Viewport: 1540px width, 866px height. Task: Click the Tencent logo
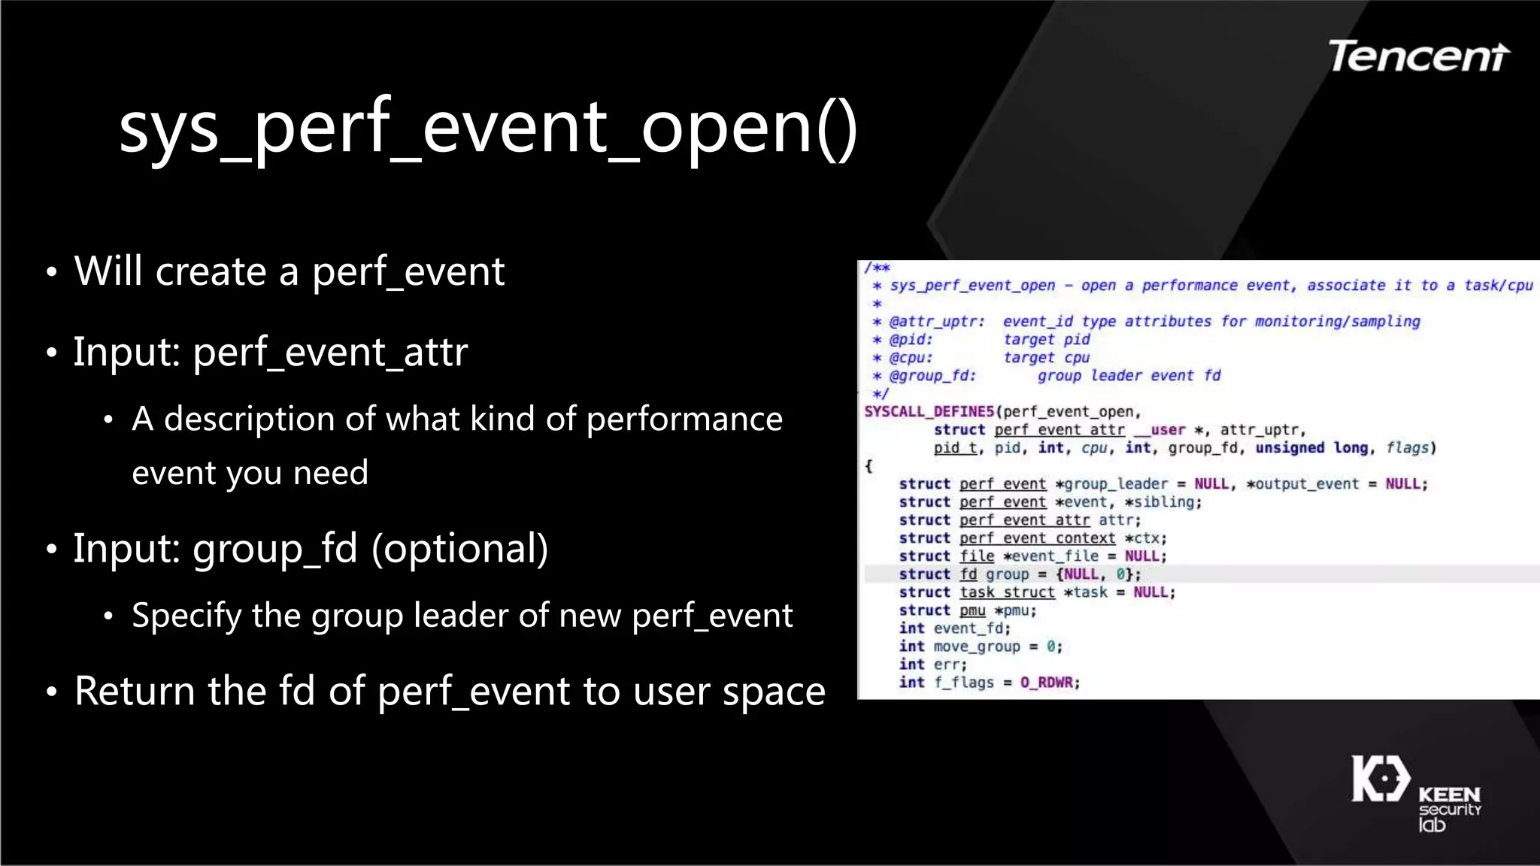(1418, 56)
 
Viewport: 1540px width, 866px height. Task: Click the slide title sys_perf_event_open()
(488, 128)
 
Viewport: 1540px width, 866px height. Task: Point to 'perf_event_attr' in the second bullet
(330, 352)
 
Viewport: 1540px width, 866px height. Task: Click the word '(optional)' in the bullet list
(459, 548)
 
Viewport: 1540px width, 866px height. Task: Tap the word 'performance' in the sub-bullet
(684, 419)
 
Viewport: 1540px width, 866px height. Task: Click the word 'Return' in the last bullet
(135, 691)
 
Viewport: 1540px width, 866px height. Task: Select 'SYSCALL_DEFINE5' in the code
(929, 412)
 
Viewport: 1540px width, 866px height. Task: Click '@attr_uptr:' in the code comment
(937, 322)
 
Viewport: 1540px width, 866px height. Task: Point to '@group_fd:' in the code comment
(932, 376)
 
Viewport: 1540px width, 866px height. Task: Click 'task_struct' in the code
(1007, 592)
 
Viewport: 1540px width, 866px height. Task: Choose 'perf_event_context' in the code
(1037, 538)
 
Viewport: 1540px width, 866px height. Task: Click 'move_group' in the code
(977, 646)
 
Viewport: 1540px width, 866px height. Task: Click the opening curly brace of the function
(869, 466)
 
